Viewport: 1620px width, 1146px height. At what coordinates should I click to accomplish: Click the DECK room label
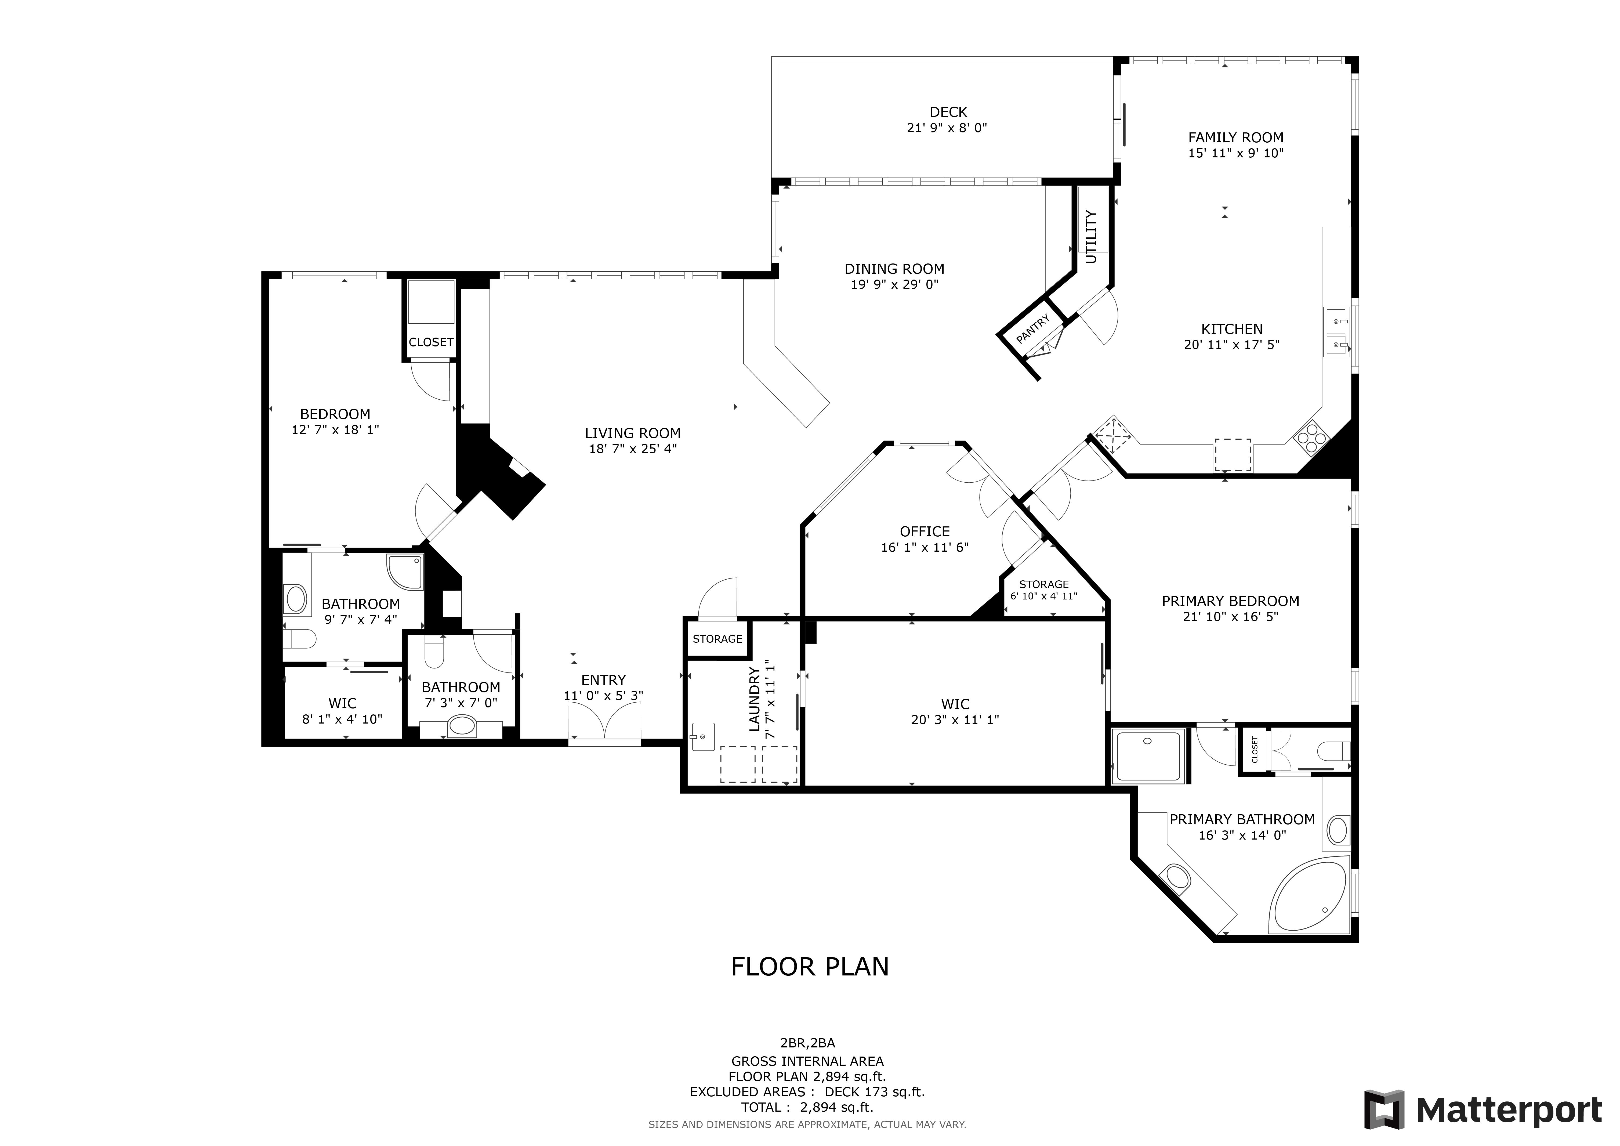[948, 111]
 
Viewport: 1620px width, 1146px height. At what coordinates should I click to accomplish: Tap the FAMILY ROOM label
[1235, 138]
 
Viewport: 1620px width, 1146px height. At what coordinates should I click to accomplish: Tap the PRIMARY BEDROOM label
[1231, 601]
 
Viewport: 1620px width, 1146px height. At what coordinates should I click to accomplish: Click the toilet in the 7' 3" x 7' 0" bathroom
[434, 653]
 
